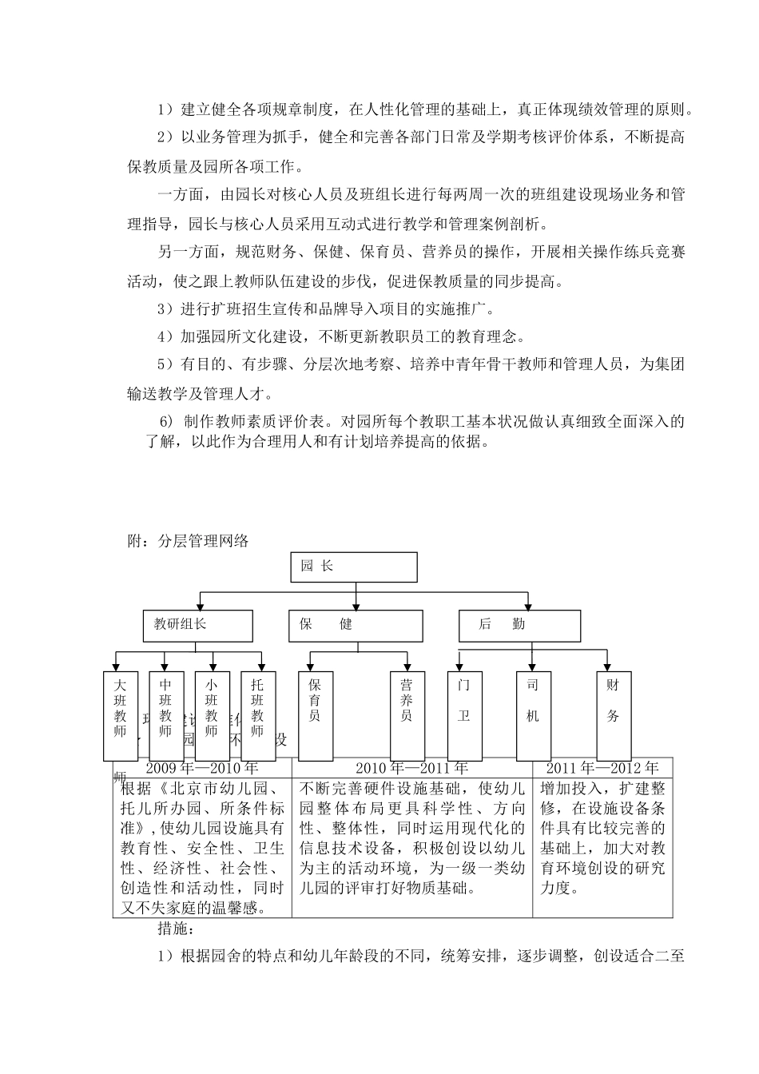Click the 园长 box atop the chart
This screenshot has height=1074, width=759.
tap(353, 567)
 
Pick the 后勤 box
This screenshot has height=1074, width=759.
tap(519, 626)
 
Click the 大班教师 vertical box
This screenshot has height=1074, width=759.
tap(121, 714)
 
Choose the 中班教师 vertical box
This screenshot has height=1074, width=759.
tap(166, 714)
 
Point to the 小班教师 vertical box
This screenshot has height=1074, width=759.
tap(212, 714)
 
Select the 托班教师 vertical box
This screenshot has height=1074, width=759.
tap(257, 714)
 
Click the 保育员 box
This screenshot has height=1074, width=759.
tap(315, 714)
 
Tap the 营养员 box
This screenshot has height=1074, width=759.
tap(407, 714)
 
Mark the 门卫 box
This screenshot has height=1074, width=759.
tap(464, 714)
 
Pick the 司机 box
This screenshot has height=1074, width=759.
tap(533, 714)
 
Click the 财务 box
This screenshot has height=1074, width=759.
tap(614, 714)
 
